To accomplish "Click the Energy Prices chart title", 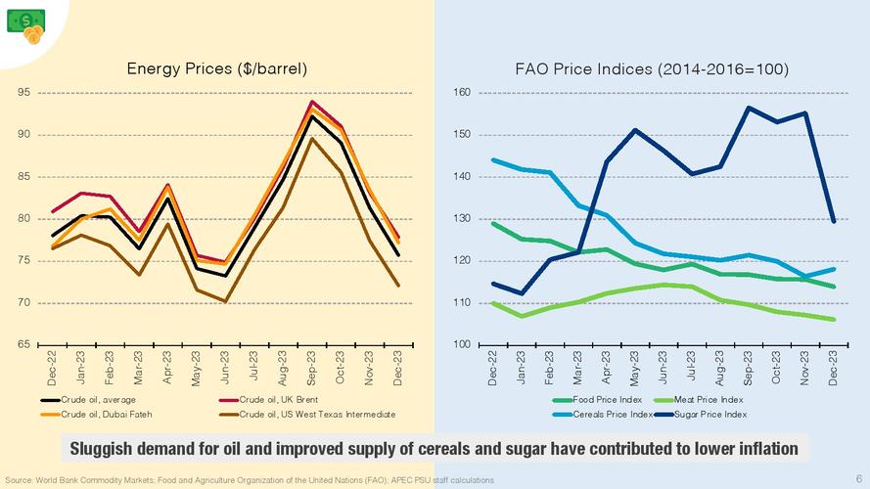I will tap(217, 68).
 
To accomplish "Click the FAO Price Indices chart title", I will tap(652, 68).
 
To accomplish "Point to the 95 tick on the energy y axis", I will tap(23, 93).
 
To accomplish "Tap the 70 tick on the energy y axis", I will tap(23, 303).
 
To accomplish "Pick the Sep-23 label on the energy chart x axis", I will tap(312, 367).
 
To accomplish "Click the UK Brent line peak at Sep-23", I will tap(312, 102).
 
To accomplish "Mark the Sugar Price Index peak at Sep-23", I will tap(749, 108).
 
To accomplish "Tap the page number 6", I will tap(857, 480).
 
